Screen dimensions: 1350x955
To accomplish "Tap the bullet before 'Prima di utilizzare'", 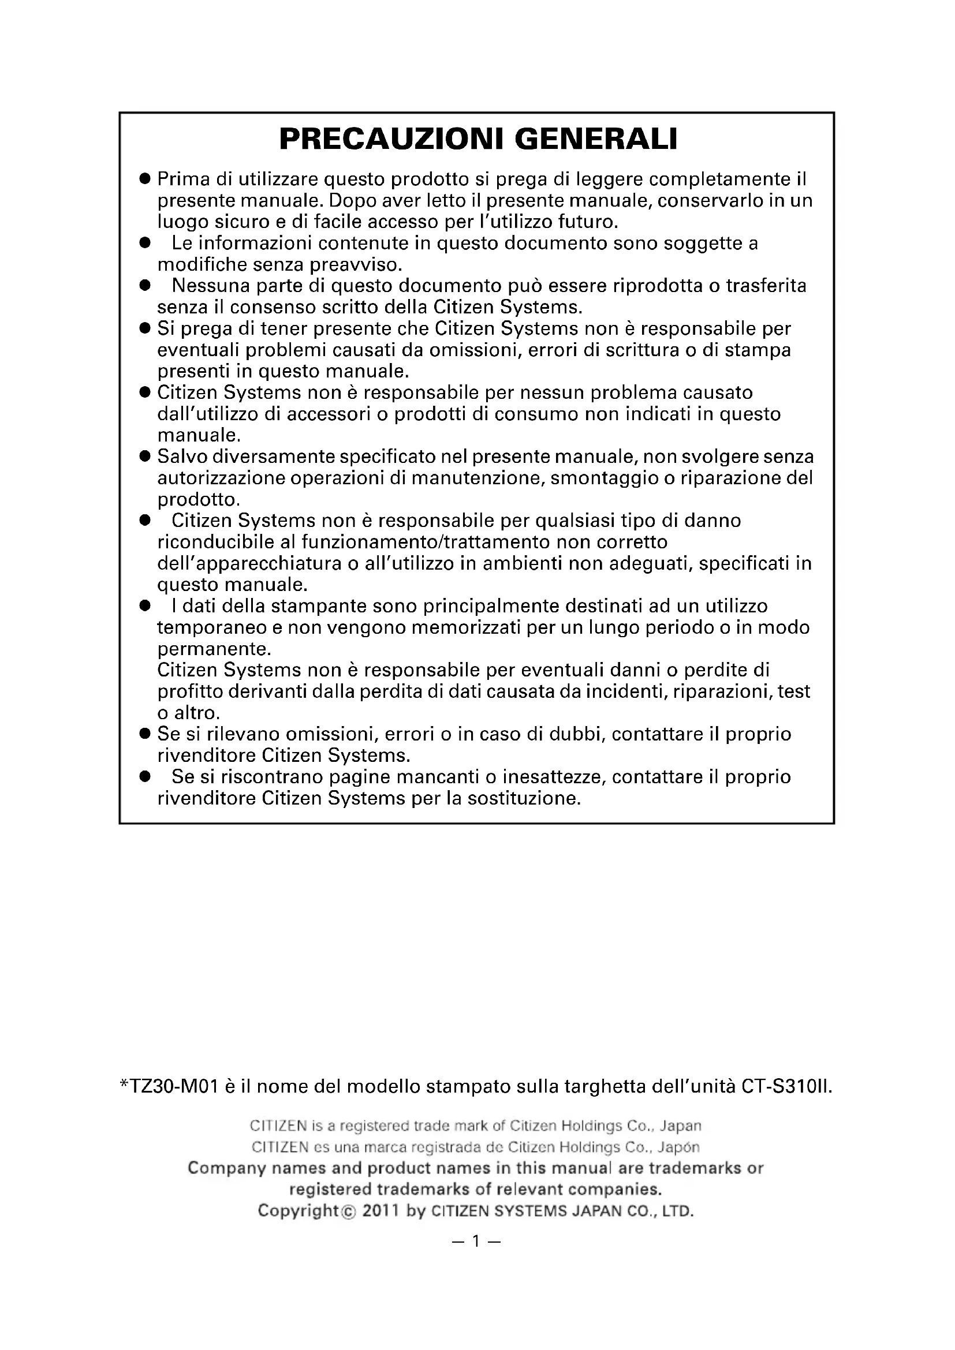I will point(145,178).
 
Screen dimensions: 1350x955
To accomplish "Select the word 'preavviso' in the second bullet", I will point(356,264).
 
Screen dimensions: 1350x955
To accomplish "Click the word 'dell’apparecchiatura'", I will point(249,563).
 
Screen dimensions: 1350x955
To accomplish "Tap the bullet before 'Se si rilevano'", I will point(145,734).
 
